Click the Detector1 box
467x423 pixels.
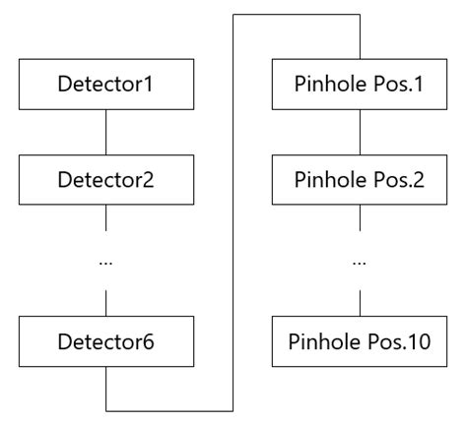[104, 87]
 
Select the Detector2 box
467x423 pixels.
[104, 181]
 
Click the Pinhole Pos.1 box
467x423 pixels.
[360, 87]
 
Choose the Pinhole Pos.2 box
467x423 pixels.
[360, 181]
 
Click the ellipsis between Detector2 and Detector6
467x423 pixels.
[104, 262]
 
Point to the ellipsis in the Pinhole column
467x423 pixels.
[360, 262]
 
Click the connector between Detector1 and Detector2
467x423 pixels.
[104, 134]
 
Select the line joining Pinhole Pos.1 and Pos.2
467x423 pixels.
[360, 134]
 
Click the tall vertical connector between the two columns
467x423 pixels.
[233, 211]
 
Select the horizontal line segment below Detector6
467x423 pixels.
[168, 409]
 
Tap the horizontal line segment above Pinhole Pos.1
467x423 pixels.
[296, 15]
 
